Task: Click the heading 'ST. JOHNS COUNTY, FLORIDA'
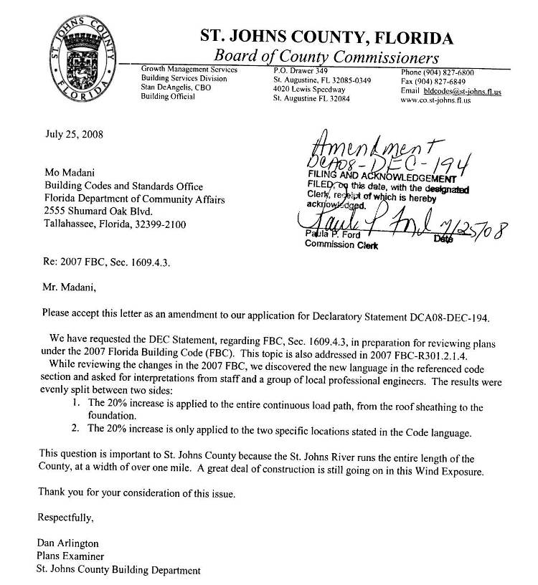coord(326,38)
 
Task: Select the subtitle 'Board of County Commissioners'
coord(326,56)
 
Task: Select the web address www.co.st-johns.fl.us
coord(435,101)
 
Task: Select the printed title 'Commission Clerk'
coord(336,244)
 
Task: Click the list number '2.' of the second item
coord(77,429)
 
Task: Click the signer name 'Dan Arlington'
coord(69,544)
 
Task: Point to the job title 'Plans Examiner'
coord(70,557)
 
